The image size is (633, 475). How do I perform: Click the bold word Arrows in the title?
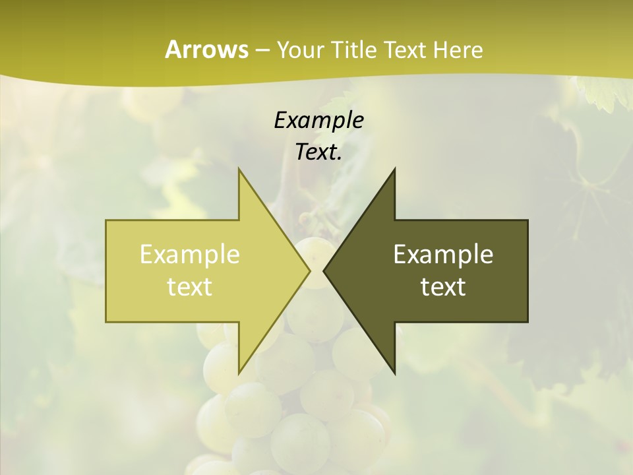[x=206, y=49]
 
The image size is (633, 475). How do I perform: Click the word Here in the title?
[x=458, y=49]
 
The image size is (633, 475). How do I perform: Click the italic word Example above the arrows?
[x=318, y=120]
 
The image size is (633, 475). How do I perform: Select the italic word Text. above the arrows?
[x=318, y=152]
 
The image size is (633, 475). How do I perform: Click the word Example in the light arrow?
[x=190, y=254]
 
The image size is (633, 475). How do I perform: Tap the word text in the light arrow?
[x=190, y=286]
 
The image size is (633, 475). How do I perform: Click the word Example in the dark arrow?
[x=443, y=254]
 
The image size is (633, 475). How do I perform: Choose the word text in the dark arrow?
[x=443, y=286]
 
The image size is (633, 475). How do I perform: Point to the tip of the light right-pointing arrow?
[x=309, y=270]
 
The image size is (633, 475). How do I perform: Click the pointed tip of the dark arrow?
[x=324, y=270]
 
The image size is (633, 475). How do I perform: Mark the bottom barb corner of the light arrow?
[x=239, y=373]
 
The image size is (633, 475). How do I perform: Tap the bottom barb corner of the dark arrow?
[x=394, y=373]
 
